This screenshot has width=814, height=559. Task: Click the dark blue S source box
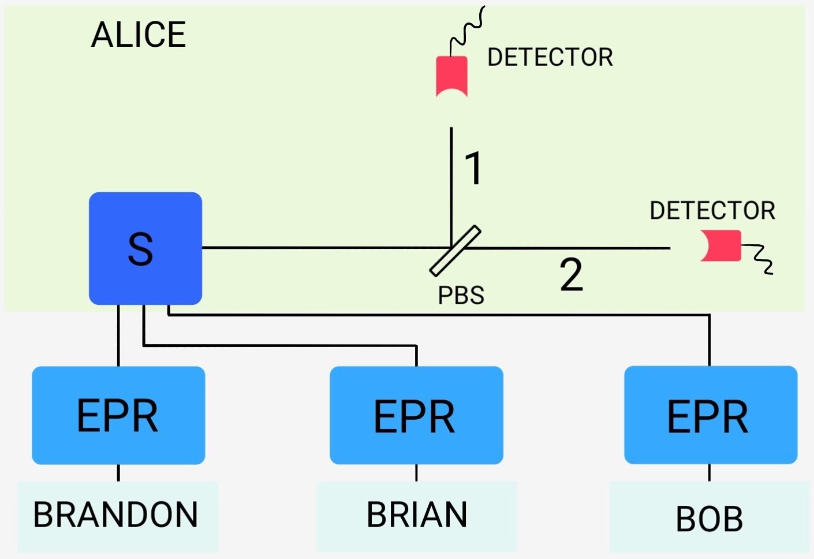click(x=145, y=248)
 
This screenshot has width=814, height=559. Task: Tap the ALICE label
click(x=139, y=35)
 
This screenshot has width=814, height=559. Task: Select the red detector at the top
click(x=451, y=76)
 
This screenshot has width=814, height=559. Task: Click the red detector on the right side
click(x=722, y=246)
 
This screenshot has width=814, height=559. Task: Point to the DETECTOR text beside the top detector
click(x=550, y=57)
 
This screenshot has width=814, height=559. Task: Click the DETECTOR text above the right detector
click(x=712, y=211)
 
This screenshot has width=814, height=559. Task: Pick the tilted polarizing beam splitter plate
click(x=455, y=251)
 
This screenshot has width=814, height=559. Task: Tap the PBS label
click(x=461, y=295)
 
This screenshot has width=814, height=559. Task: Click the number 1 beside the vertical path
click(x=473, y=169)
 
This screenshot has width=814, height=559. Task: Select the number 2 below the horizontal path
click(x=571, y=275)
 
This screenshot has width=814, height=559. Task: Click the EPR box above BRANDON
click(x=118, y=415)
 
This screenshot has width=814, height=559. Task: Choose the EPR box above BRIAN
click(x=416, y=415)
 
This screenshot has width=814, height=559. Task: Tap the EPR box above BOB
click(x=710, y=415)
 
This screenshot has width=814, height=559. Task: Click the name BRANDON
click(x=116, y=515)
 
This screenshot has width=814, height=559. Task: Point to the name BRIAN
click(x=416, y=515)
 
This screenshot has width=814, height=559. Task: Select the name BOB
click(x=709, y=519)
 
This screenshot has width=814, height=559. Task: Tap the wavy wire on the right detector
click(x=759, y=257)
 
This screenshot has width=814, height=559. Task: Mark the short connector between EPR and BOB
click(x=710, y=472)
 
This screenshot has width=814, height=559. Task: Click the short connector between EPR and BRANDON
click(x=118, y=472)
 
